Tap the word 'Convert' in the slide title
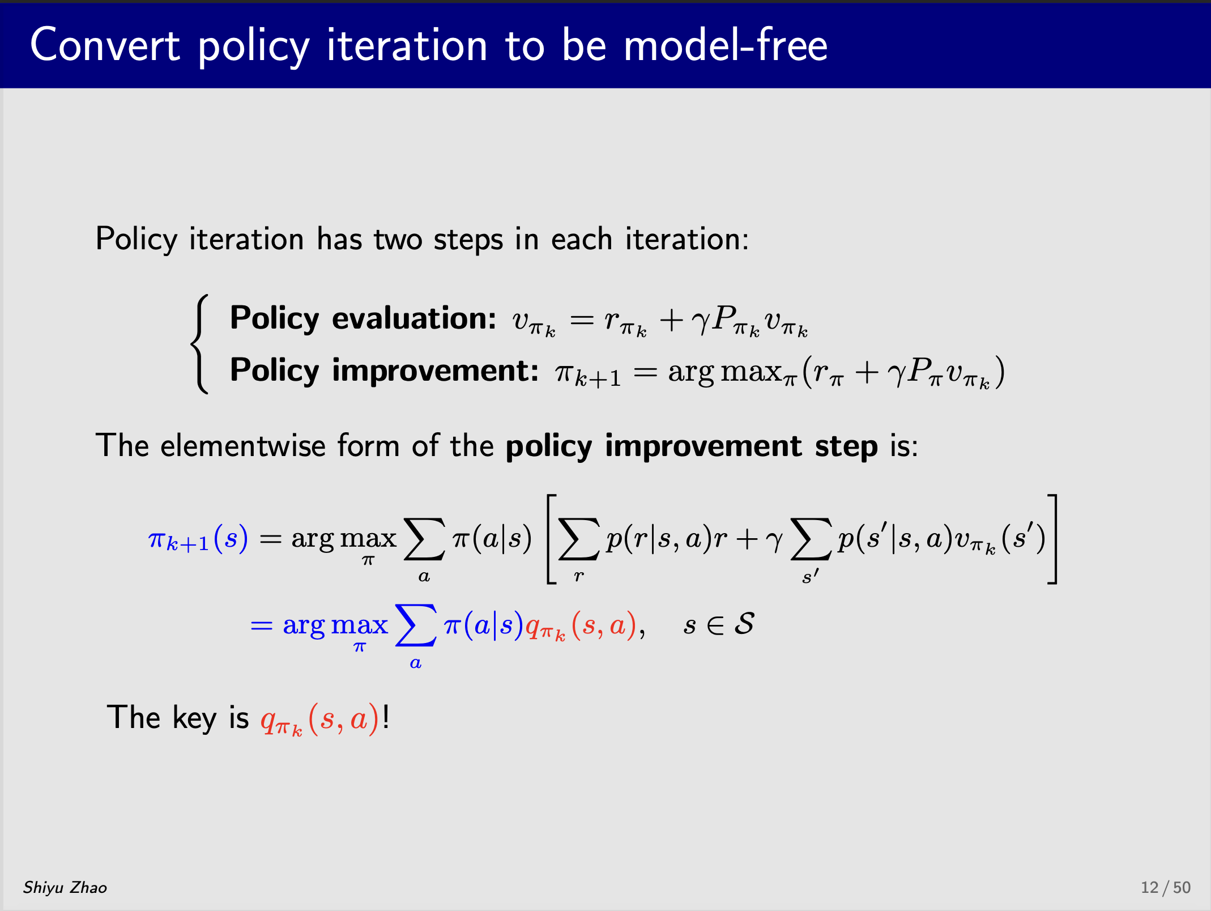point(105,45)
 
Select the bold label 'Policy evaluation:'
point(363,318)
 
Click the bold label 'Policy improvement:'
point(384,371)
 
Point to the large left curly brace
point(199,344)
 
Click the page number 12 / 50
point(1166,887)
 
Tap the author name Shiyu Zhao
point(65,888)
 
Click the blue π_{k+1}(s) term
point(198,538)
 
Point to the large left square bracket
point(551,539)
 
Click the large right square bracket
point(1052,539)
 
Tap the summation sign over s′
point(811,539)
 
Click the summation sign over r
point(578,539)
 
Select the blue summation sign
point(416,625)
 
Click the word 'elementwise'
point(243,445)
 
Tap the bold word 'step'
point(846,446)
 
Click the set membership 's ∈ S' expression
point(719,624)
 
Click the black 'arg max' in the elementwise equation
point(344,539)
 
